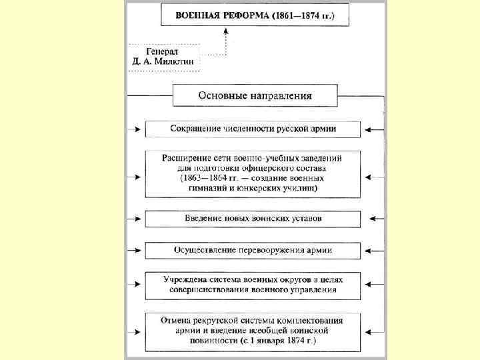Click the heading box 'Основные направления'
255,95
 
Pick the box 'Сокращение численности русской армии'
253,128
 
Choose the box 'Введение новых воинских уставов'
253,219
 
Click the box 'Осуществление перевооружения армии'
253,251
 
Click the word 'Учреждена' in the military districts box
187,279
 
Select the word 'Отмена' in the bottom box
176,321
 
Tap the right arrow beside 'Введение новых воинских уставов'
374,219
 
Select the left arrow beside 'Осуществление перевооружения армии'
136,251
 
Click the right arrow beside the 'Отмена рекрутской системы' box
374,331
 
